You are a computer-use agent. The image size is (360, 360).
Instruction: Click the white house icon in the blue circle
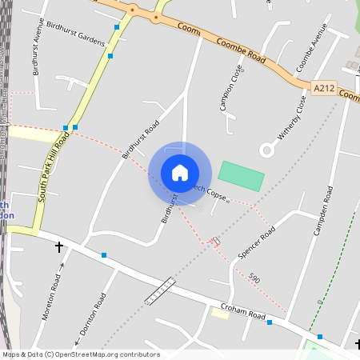coord(180,173)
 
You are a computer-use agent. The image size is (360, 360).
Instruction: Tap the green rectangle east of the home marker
coord(241,176)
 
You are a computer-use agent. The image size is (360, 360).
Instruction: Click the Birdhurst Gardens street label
coord(76,31)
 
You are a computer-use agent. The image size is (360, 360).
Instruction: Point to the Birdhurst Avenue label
coord(37,46)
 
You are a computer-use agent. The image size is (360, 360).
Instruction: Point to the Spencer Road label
coord(257,242)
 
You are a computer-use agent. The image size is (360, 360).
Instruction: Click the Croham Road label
coord(243,311)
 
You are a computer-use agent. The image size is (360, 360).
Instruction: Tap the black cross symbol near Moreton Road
coord(59,248)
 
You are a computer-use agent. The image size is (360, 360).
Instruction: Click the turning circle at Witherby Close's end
coord(266,149)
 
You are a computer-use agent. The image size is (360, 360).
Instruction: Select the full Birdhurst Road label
coord(140,141)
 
